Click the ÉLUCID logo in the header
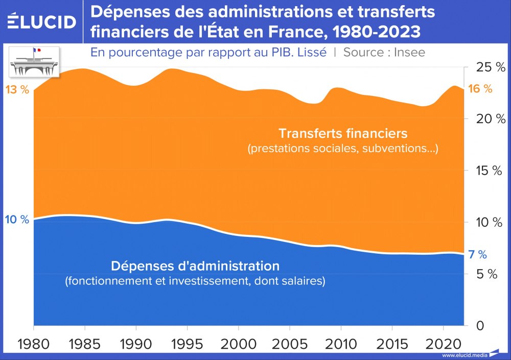click(42, 21)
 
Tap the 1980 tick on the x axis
click(34, 342)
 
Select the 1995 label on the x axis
click(187, 342)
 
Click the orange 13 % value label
click(17, 90)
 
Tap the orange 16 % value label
click(480, 89)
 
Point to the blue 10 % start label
click(17, 220)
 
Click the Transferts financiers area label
click(343, 133)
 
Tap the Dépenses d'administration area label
click(195, 266)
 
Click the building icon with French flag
click(35, 62)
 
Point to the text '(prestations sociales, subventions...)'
click(343, 150)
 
